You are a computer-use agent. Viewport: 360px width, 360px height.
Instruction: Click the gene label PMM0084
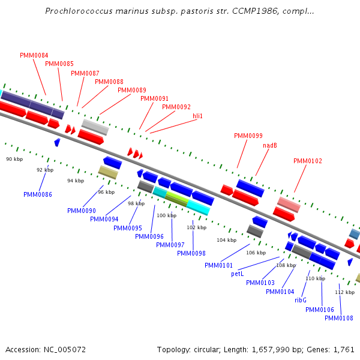[34, 55]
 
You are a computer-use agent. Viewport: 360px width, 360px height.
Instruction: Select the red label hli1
[197, 116]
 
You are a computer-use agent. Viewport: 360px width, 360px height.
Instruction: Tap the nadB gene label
[270, 145]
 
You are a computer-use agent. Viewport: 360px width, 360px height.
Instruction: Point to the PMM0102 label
[308, 161]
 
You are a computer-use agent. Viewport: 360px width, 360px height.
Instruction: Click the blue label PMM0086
[38, 194]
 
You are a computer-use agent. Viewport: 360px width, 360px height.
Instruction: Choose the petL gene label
[238, 274]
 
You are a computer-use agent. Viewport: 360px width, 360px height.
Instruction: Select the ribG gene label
[301, 301]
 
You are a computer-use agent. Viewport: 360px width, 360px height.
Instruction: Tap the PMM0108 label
[339, 318]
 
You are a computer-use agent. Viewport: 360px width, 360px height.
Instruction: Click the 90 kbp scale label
[14, 159]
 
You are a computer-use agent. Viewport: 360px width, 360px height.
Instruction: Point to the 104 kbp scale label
[227, 240]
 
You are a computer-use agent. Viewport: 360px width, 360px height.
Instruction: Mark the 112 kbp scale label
[345, 292]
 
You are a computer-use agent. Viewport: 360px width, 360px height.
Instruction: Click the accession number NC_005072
[65, 350]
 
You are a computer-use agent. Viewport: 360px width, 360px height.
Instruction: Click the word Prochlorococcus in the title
[79, 11]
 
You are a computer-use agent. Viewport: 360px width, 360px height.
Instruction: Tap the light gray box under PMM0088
[95, 127]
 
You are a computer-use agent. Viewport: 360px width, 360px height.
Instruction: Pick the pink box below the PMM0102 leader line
[289, 205]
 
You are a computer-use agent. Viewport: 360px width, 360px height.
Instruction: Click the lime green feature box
[177, 199]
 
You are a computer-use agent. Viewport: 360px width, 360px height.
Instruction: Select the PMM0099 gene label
[248, 136]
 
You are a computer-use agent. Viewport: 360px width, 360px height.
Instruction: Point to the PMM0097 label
[170, 245]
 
